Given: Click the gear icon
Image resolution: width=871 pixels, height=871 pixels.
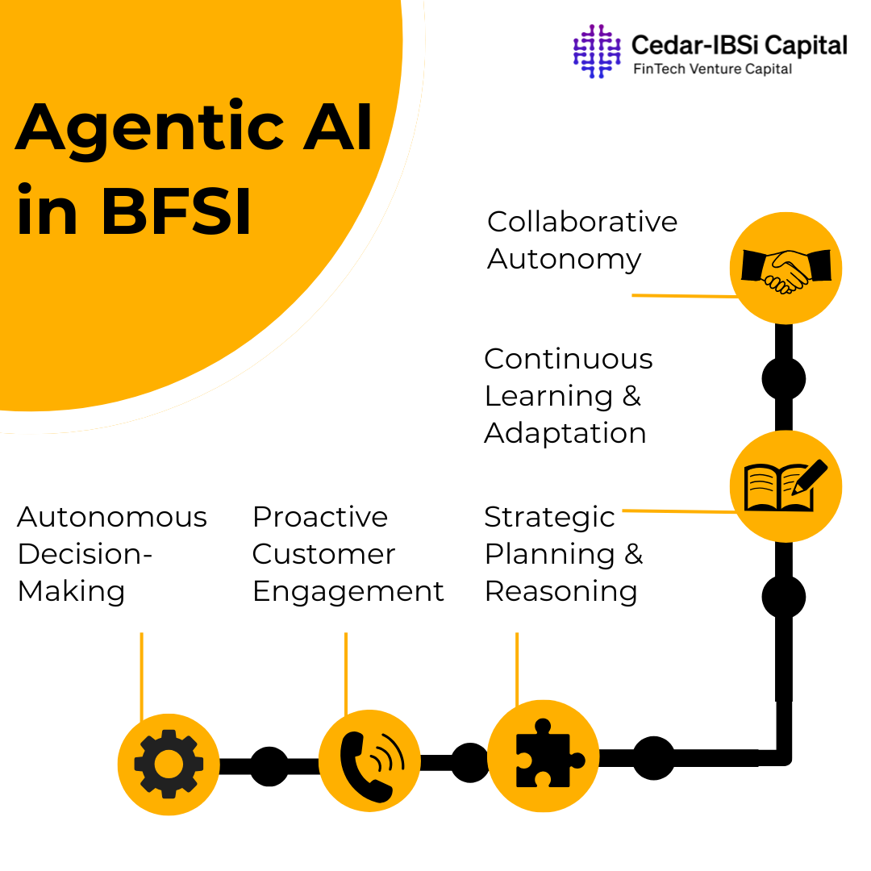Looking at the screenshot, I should click(x=168, y=764).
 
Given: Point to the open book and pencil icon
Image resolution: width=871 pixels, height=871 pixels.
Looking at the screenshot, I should click(x=785, y=486).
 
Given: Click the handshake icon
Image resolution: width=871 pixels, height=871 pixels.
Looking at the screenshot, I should click(x=786, y=269).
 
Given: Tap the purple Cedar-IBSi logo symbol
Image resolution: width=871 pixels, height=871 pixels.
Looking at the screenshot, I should click(x=597, y=51).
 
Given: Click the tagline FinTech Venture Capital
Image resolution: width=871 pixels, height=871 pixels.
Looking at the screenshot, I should click(x=712, y=69).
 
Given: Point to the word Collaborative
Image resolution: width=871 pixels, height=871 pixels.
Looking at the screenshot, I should click(x=582, y=222).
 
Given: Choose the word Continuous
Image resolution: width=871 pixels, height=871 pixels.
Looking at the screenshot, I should click(x=569, y=359).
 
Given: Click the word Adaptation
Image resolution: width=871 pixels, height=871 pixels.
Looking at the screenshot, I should click(x=565, y=433).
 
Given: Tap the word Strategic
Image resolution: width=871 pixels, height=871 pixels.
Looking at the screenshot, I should click(x=549, y=517).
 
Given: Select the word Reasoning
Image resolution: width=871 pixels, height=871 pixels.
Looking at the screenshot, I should click(x=561, y=591).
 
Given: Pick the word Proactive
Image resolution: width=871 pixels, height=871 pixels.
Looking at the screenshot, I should click(x=320, y=517).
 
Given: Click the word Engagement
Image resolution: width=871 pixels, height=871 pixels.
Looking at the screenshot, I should click(x=348, y=591).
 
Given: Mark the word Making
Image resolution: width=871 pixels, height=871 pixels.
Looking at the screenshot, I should click(x=71, y=591).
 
